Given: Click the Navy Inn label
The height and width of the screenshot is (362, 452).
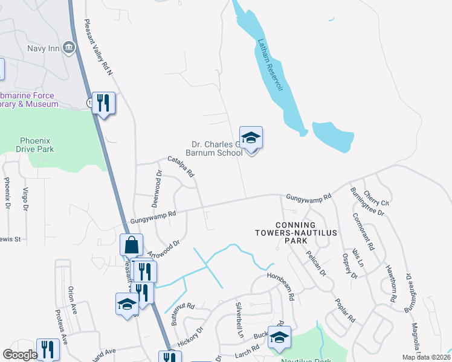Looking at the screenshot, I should click(x=44, y=48).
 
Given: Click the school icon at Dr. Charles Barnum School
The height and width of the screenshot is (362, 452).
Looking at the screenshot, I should click(x=251, y=138).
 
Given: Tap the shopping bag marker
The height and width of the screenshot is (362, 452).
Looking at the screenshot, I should click(x=131, y=245).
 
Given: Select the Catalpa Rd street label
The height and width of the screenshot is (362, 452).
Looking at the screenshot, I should click(x=181, y=167).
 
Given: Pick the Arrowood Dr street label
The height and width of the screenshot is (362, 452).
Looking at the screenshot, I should click(x=164, y=249).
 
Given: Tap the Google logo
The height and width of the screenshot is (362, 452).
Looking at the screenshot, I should click(x=20, y=355).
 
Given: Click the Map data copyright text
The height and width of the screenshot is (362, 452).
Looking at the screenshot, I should click(x=426, y=357).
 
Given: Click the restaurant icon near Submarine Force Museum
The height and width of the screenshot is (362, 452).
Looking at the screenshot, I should click(x=104, y=103).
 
